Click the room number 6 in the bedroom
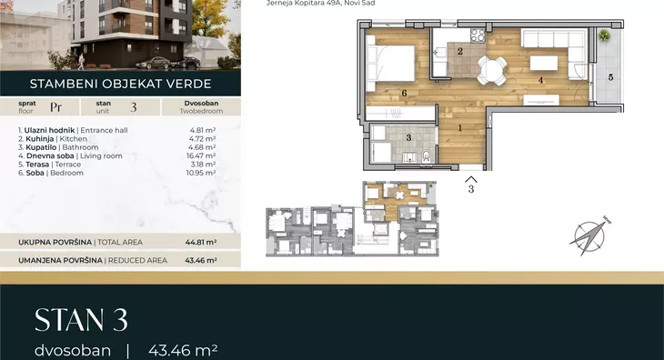404,93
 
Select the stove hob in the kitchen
478,35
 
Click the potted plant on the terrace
604,35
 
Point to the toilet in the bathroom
426,156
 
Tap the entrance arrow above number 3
471,179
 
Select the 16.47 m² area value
201,155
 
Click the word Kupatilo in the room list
41,147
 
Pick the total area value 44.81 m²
201,243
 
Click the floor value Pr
55,107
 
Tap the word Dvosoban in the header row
201,104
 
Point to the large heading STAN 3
81,320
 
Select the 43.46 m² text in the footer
183,350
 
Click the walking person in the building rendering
81,61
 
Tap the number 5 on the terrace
610,77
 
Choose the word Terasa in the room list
37,165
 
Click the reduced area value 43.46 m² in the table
201,261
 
